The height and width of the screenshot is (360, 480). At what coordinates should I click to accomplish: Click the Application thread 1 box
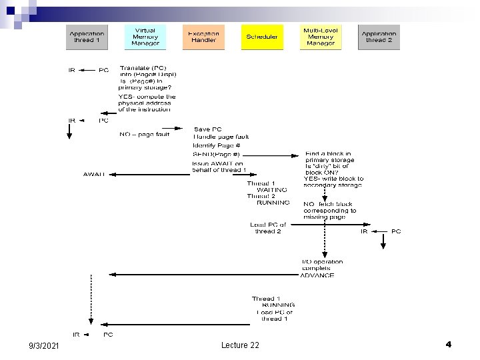click(x=87, y=37)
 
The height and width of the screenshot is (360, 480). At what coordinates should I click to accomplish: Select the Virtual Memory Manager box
click(x=145, y=37)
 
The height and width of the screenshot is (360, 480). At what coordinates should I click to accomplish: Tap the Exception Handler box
click(x=203, y=37)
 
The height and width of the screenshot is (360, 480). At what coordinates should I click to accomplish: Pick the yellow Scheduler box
click(x=262, y=37)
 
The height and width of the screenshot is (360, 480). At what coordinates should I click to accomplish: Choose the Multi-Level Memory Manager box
click(x=321, y=37)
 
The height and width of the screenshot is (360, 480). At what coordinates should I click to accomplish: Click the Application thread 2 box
click(x=378, y=37)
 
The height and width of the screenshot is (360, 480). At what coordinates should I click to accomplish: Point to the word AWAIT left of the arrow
click(x=94, y=174)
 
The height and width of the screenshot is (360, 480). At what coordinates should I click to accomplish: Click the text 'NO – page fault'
click(x=145, y=134)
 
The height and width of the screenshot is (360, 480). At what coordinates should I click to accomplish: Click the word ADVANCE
click(x=317, y=275)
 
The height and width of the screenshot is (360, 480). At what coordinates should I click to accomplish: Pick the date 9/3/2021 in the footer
click(x=43, y=345)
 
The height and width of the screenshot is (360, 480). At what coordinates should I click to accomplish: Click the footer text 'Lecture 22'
click(x=240, y=345)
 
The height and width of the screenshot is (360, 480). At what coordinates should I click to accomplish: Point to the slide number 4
click(x=448, y=344)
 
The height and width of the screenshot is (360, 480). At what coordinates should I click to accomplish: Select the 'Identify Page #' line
click(x=216, y=145)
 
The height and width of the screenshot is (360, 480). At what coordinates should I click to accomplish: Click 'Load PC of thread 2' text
click(x=268, y=228)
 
